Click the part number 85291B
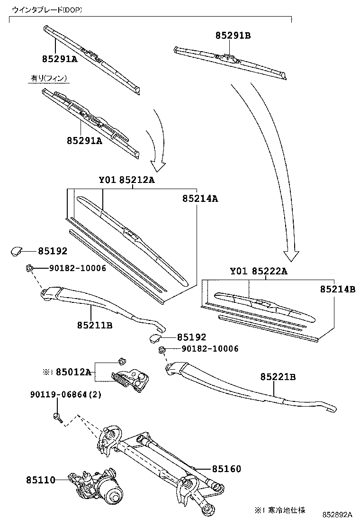click(233, 36)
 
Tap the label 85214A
click(200, 200)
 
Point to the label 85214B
click(337, 289)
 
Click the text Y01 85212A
click(126, 180)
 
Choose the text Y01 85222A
click(259, 271)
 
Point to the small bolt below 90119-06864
click(57, 418)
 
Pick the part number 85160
click(226, 469)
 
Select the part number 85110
click(41, 480)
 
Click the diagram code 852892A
click(338, 515)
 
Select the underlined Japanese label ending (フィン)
click(49, 78)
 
